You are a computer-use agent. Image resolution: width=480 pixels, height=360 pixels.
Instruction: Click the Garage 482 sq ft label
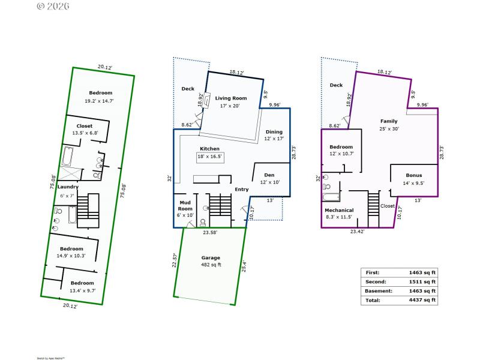coord(211,262)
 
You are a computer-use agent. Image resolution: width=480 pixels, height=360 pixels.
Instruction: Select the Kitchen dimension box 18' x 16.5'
coord(210,157)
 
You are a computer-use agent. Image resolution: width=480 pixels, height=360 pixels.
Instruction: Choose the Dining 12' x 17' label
coord(274,136)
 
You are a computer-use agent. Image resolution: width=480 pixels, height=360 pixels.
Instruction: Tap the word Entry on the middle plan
coord(242,190)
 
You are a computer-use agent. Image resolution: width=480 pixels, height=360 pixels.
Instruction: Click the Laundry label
coord(68,187)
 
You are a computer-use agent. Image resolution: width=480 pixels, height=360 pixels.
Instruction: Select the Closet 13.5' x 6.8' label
coord(85,130)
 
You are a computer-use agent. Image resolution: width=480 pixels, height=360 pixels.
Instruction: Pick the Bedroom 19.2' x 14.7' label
coord(101,97)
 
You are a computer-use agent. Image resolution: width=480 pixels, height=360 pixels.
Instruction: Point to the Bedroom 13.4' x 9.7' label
coord(82,286)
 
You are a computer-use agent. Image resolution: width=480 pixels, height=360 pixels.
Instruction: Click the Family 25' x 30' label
coord(389,125)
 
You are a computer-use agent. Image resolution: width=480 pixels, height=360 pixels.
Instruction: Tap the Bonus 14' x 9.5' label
coord(414,179)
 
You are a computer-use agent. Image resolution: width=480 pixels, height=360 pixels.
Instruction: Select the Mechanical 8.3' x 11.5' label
coord(339,214)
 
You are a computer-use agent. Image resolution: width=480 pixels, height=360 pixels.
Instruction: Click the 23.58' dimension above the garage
coord(210,232)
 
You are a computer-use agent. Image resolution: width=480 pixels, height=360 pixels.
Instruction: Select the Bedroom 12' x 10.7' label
coord(341,150)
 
